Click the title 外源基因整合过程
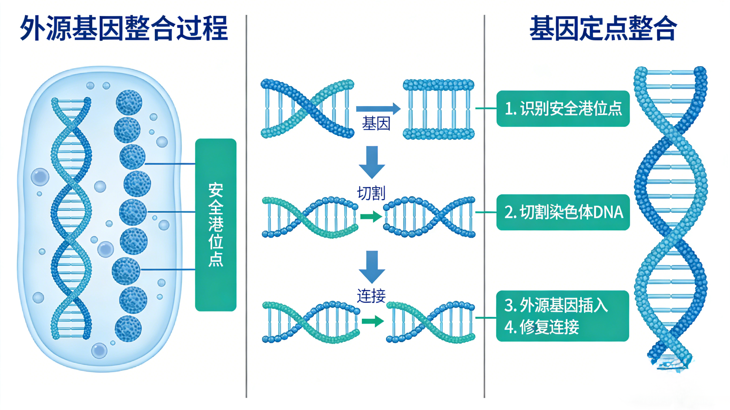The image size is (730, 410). tap(124, 28)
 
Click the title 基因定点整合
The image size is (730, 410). tap(603, 28)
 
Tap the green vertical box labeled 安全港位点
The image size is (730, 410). tap(216, 225)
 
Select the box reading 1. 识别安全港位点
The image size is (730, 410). tap(563, 108)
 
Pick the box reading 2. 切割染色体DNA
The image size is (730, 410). tap(563, 212)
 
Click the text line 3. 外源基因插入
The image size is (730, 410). tap(556, 306)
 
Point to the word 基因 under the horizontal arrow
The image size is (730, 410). tap(376, 124)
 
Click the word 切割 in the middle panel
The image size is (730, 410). tap(371, 193)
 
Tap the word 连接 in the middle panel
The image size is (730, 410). tap(371, 296)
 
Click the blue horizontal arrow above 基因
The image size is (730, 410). tap(378, 109)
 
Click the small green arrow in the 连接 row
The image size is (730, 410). tap(372, 321)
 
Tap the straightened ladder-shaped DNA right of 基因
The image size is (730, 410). tap(438, 109)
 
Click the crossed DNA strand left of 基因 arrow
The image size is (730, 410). tap(307, 109)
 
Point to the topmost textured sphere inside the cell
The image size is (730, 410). tap(129, 103)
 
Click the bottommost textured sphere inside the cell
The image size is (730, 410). tap(128, 329)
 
